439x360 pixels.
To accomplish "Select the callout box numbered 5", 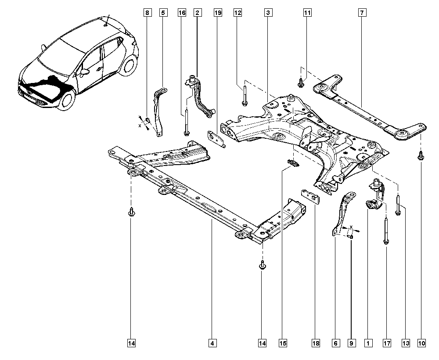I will [x=163, y=13].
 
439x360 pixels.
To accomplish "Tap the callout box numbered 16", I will [x=182, y=13].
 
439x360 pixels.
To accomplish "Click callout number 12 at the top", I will [x=237, y=13].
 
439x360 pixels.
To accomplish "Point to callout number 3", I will [x=267, y=13].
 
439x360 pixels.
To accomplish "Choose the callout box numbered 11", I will [x=307, y=13].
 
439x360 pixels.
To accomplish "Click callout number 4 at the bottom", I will [x=212, y=342].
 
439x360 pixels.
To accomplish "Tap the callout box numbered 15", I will [x=282, y=342].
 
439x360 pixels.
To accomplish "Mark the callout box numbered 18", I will [x=316, y=342].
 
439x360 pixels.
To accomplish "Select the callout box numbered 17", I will [x=386, y=342].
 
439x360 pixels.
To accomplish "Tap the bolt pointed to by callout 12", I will [x=245, y=97].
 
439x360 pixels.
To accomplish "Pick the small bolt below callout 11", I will [x=301, y=82].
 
